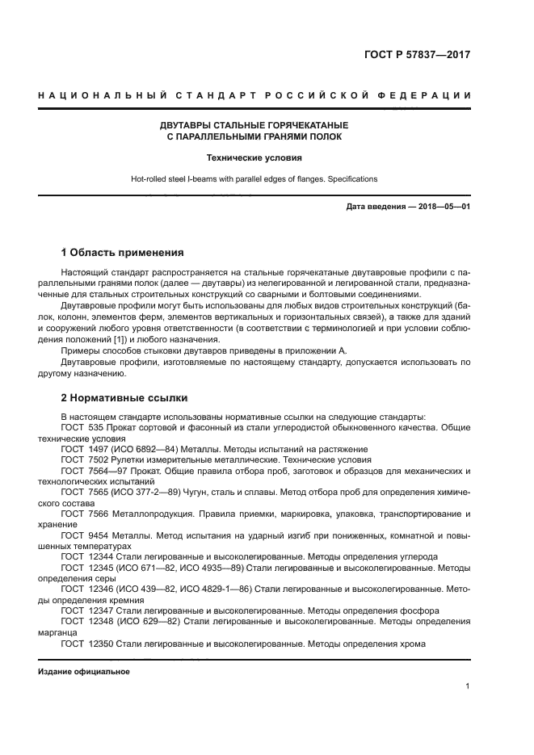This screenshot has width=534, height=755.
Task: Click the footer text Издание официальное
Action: click(84, 672)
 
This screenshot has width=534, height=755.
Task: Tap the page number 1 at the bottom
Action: click(468, 686)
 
